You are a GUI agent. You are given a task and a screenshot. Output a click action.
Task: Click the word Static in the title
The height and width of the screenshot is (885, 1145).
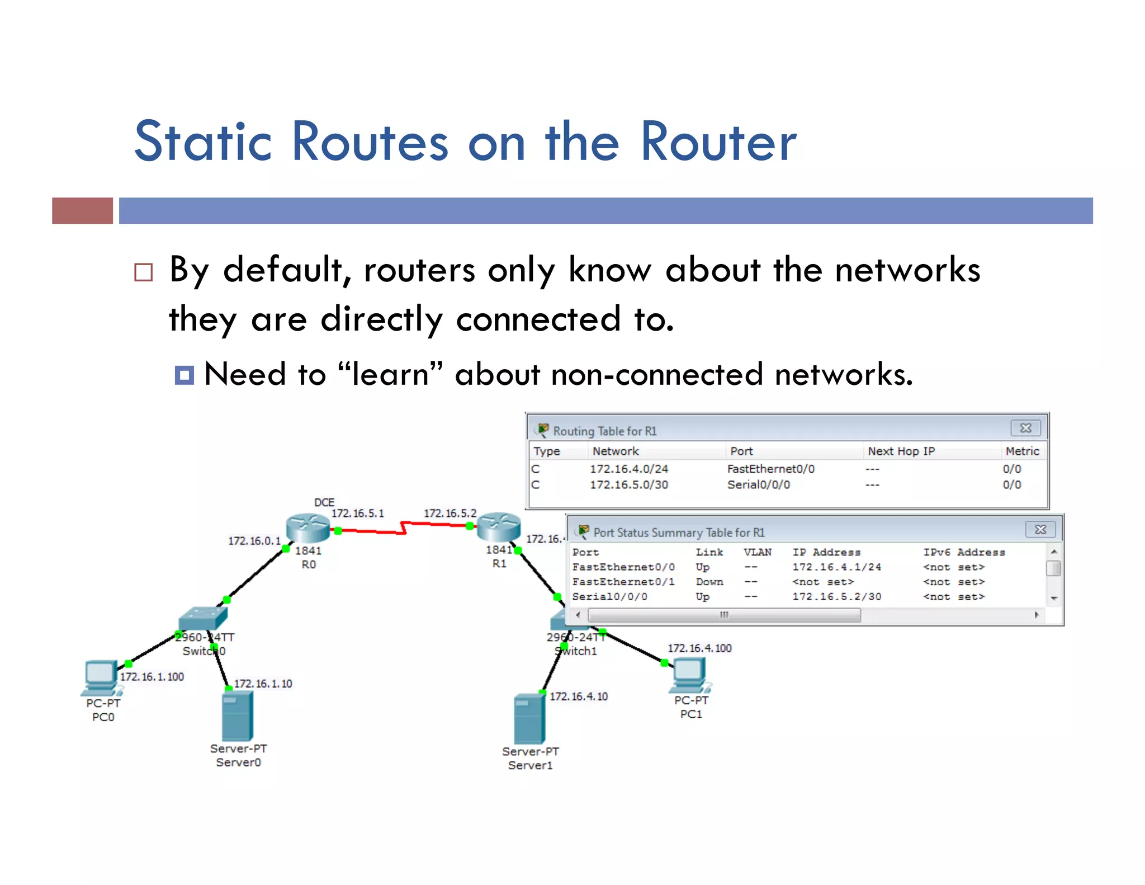click(x=203, y=142)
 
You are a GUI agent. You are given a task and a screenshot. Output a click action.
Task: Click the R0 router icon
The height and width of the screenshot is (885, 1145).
click(x=307, y=528)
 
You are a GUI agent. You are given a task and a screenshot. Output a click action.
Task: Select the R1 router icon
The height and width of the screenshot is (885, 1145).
click(x=498, y=526)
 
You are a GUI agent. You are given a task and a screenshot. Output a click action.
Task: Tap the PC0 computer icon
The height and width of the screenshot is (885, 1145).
click(x=101, y=677)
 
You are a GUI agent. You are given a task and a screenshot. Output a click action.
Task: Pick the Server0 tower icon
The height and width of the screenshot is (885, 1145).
click(x=238, y=716)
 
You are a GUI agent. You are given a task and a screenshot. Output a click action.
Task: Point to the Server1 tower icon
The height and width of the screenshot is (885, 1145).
click(x=529, y=719)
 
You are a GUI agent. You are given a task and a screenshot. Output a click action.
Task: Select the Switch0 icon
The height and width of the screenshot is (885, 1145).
click(x=203, y=619)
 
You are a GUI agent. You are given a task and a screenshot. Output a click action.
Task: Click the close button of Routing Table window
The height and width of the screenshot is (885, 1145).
click(x=1025, y=428)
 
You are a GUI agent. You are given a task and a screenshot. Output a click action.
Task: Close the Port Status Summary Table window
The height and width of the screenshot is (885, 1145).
click(x=1040, y=529)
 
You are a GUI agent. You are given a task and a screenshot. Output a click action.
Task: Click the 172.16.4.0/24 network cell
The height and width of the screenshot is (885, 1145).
click(x=629, y=469)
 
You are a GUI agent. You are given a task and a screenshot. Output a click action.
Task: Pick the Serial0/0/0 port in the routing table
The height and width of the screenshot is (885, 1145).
click(x=758, y=484)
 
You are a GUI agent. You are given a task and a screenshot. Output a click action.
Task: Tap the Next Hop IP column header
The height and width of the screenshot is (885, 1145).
click(x=901, y=451)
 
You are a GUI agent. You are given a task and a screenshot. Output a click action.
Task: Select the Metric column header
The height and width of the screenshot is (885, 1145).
click(x=1021, y=451)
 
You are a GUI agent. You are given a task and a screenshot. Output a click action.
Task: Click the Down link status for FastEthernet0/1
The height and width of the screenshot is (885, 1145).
click(x=709, y=582)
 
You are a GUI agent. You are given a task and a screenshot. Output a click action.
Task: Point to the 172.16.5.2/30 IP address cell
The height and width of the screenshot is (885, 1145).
click(x=836, y=596)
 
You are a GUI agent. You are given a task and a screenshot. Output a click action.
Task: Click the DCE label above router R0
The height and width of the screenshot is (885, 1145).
click(x=324, y=502)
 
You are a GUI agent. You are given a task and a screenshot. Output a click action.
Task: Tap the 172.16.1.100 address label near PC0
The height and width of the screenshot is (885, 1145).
click(x=152, y=676)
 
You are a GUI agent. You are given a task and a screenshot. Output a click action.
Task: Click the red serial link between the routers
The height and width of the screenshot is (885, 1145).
click(x=403, y=528)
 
